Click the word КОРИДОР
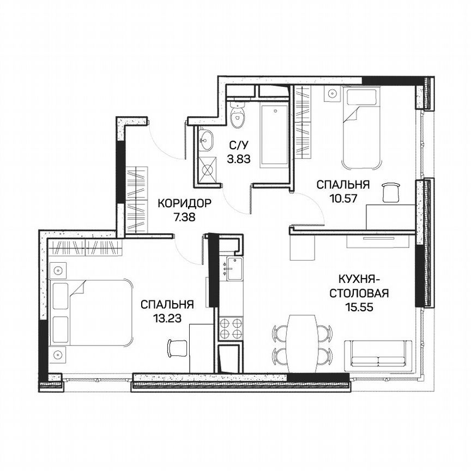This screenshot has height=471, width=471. (184, 204)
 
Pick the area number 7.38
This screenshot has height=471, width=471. (184, 216)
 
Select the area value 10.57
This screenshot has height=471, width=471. (343, 198)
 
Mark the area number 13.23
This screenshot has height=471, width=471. (167, 316)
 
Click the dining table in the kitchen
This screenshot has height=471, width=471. (301, 341)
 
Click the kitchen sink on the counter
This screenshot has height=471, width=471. (234, 269)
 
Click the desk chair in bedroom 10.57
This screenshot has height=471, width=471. (390, 191)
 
